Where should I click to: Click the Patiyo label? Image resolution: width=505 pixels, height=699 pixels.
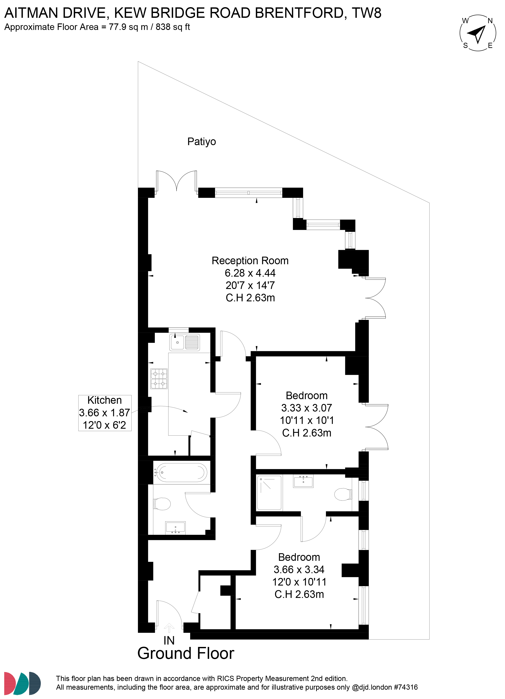pos(201,141)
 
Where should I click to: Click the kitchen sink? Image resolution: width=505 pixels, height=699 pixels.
pos(184,342)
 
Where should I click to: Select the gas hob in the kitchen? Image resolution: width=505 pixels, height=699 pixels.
pos(159,379)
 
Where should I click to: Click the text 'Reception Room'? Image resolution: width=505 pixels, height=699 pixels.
pos(250,261)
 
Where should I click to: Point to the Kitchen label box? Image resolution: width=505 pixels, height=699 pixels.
pos(105,413)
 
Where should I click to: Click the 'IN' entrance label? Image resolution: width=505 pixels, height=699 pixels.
pos(169,640)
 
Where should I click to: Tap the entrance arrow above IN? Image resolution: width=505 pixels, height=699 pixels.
pos(169,628)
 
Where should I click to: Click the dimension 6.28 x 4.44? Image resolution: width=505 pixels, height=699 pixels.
pos(250,273)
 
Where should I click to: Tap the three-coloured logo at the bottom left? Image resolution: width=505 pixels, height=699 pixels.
pos(22,684)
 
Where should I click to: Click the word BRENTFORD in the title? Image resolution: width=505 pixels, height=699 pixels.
pos(299,13)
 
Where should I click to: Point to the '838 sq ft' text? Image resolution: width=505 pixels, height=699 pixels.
pos(173,27)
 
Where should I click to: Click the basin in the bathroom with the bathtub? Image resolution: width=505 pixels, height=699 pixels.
pos(176,527)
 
